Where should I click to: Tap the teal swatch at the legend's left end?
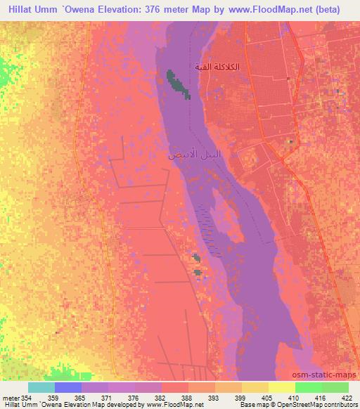tap(41, 387)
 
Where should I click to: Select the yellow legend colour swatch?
tap(281, 387)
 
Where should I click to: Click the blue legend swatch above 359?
tap(67, 387)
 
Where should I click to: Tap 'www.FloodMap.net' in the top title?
tap(265, 8)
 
